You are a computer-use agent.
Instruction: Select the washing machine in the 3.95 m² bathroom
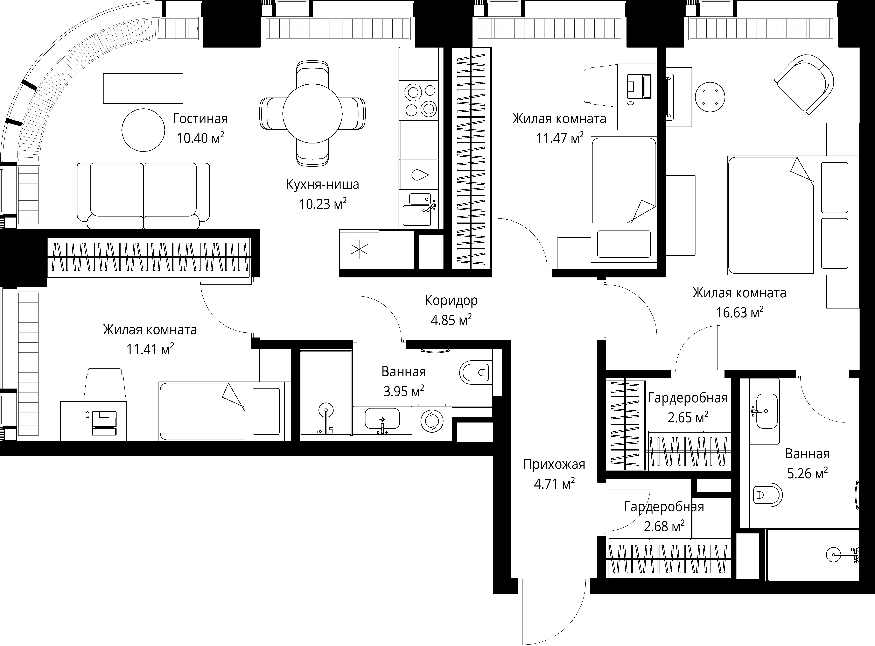432,421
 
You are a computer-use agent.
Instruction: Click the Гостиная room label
200,119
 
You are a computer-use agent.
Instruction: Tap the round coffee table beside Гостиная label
143,130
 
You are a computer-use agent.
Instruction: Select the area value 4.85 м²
451,320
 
